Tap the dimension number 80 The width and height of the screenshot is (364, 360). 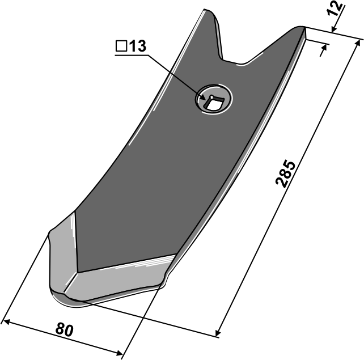pyautogui.click(x=64, y=330)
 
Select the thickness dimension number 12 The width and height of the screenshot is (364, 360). pyautogui.click(x=335, y=9)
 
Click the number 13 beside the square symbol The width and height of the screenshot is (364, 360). pyautogui.click(x=137, y=46)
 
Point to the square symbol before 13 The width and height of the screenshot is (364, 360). pyautogui.click(x=121, y=46)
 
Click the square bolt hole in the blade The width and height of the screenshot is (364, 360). pyautogui.click(x=214, y=101)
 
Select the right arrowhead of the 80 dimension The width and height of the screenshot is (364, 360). pyautogui.click(x=119, y=353)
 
